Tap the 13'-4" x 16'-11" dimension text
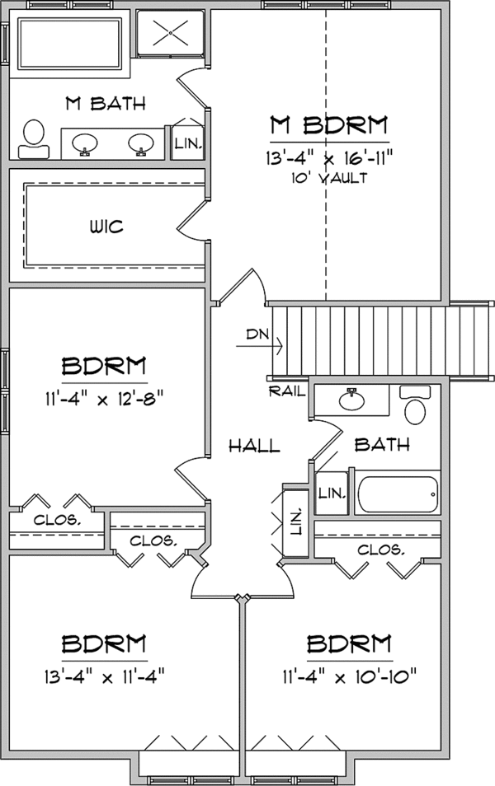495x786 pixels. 328,157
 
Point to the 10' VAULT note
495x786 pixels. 328,177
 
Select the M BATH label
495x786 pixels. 105,105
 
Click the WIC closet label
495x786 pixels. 105,227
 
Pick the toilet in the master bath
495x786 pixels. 33,137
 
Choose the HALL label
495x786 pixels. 254,446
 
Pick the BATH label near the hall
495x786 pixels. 382,445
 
